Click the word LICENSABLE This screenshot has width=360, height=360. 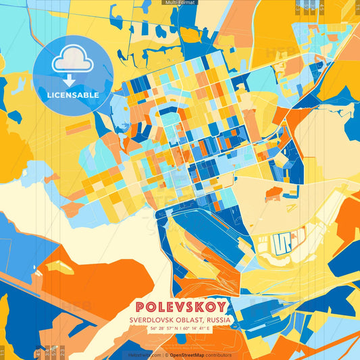click(73, 95)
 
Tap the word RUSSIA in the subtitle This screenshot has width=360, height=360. click(219, 319)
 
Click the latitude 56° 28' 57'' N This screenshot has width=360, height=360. click(160, 328)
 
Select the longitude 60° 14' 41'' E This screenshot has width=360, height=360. click(200, 328)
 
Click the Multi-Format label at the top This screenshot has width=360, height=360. click(180, 3)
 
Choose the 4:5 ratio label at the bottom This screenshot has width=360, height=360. click(38, 352)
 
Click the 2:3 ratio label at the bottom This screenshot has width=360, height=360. click(62, 352)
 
